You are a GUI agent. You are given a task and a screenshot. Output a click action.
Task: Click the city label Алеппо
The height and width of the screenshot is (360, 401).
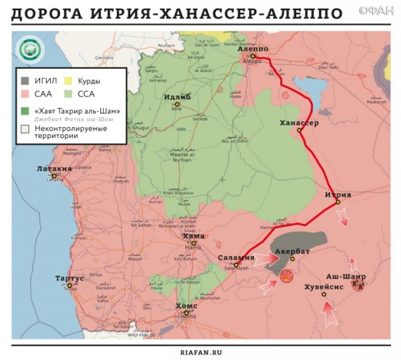click(253, 49)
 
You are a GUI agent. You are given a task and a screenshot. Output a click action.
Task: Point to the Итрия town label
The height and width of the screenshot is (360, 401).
click(338, 195)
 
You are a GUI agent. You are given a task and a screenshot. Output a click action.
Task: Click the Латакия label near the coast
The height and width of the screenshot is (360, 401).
click(54, 169)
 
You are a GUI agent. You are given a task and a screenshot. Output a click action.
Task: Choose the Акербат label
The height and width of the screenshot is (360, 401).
click(293, 251)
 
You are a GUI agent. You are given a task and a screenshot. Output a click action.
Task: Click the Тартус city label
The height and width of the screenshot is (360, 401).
click(68, 277)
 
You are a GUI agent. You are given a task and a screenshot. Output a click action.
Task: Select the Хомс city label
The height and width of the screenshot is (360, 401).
click(186, 305)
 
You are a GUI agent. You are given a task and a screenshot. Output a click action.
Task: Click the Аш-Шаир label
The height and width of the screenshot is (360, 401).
click(345, 276)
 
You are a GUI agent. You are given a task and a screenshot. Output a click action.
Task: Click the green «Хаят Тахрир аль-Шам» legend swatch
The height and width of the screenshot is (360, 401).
click(25, 109)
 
